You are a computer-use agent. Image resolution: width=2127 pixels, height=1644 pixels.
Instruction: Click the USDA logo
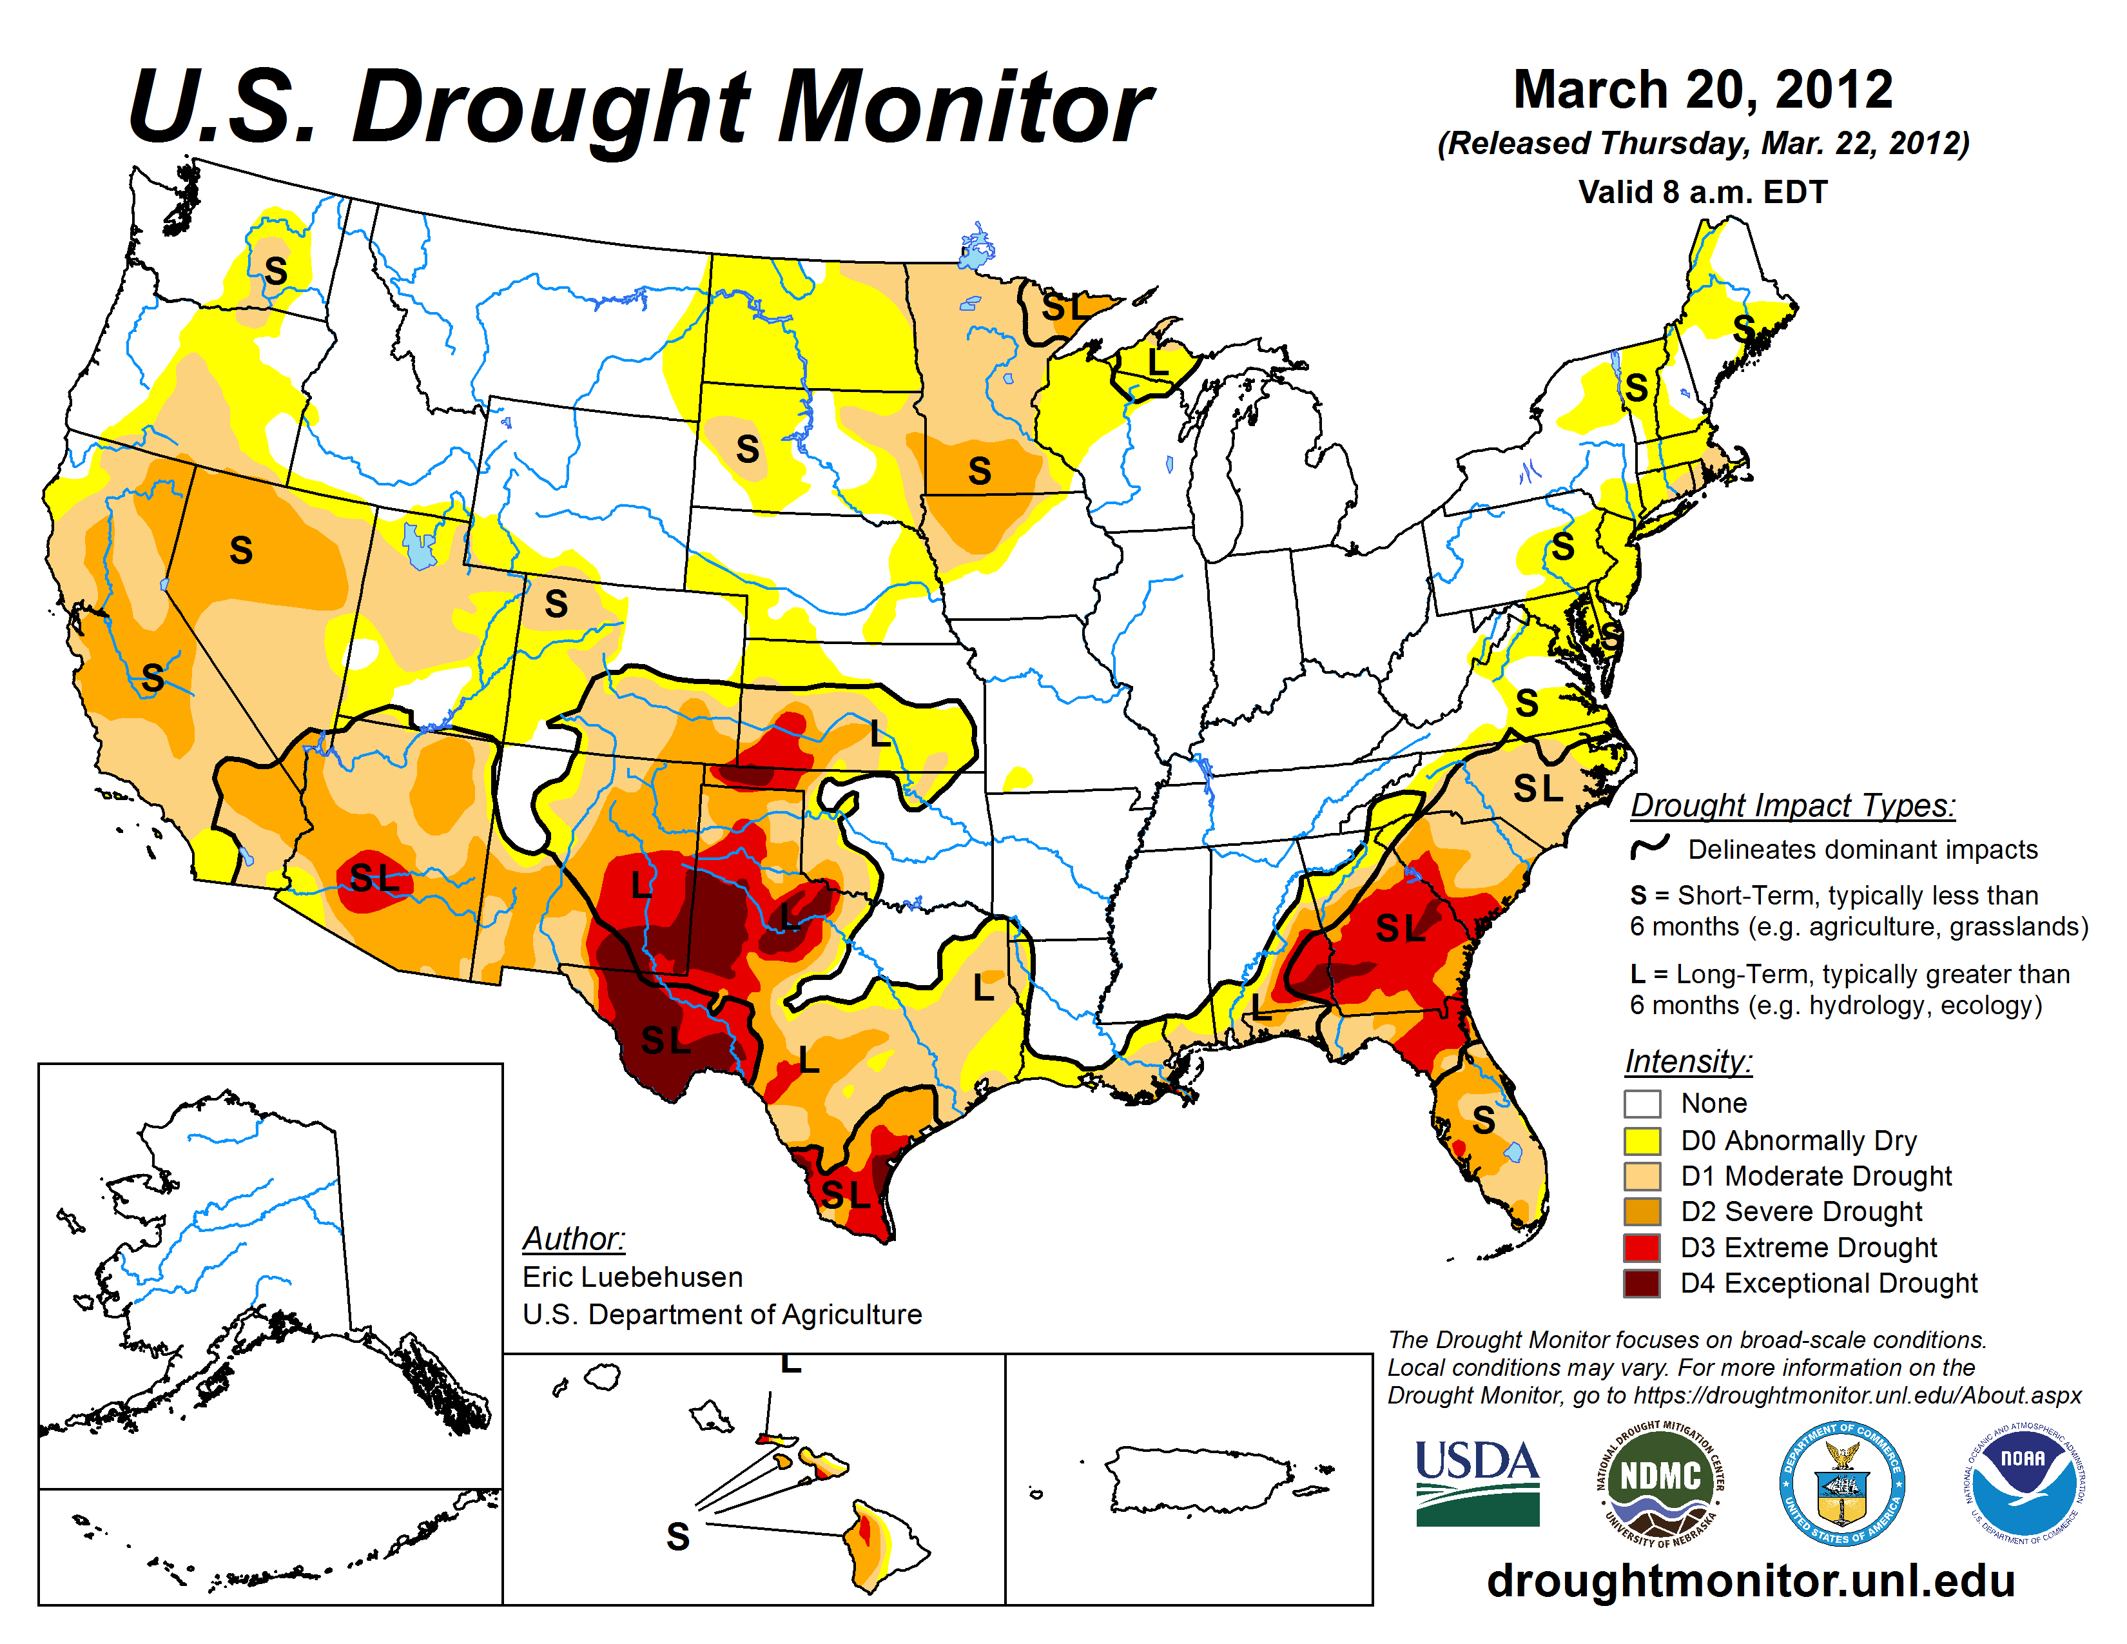(1477, 1482)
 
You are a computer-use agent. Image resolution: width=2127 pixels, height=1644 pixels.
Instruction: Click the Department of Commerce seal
(1841, 1482)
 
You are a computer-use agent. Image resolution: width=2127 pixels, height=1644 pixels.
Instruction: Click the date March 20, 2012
(1702, 90)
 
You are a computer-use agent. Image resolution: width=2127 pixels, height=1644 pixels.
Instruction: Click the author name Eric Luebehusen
(632, 1277)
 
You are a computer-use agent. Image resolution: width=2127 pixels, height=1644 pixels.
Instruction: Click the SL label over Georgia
(1399, 928)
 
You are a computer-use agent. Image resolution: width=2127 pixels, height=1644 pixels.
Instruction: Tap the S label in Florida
(1482, 1120)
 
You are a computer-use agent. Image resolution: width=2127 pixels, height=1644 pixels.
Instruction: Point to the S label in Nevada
(240, 551)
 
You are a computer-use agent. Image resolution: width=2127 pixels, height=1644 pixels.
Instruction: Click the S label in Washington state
(276, 271)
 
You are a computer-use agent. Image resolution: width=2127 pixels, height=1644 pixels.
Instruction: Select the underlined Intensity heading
(1688, 1061)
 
